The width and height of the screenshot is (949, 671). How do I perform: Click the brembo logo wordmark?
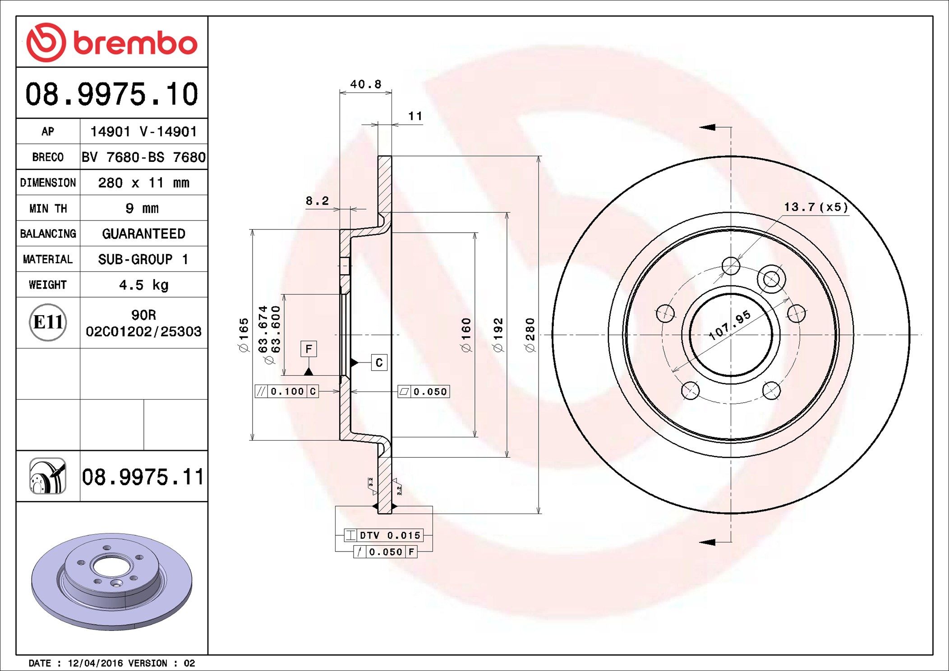134,43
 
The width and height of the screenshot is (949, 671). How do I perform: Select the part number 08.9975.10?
111,94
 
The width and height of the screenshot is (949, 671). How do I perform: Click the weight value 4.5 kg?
143,285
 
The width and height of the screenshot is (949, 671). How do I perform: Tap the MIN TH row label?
48,208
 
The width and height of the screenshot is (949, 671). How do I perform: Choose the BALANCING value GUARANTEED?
143,234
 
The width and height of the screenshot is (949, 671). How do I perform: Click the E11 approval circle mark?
48,322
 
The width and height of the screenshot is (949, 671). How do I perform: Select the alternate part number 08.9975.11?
143,477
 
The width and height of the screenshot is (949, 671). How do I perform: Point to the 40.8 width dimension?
365,84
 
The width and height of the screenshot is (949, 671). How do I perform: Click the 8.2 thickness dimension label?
317,201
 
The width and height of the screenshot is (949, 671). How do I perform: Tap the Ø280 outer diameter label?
530,335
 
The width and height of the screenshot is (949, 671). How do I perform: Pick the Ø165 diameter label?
244,335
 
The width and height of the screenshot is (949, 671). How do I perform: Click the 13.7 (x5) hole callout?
815,207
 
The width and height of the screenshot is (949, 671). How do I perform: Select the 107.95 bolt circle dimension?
729,325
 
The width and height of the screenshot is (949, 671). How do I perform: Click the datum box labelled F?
309,349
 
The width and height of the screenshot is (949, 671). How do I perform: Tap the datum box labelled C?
379,363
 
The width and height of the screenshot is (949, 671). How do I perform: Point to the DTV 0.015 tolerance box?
384,535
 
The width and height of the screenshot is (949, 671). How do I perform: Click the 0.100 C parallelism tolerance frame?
287,391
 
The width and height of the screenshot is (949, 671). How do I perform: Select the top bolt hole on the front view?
731,266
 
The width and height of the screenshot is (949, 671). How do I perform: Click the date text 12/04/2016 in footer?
95,663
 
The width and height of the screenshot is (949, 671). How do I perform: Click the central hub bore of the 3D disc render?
112,567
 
